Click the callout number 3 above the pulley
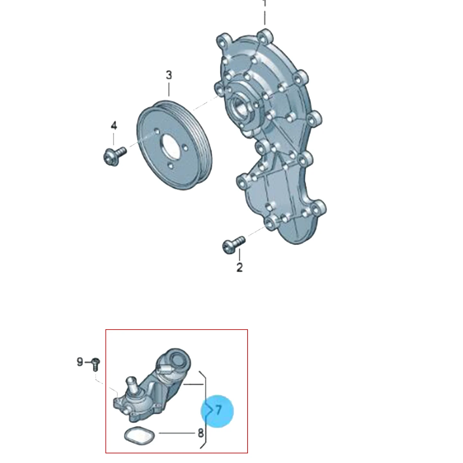pyautogui.click(x=169, y=75)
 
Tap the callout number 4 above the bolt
pyautogui.click(x=114, y=126)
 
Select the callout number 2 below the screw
pyautogui.click(x=240, y=268)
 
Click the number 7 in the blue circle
pyautogui.click(x=218, y=410)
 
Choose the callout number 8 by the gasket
pyautogui.click(x=201, y=433)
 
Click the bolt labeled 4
pyautogui.click(x=114, y=156)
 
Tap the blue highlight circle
pyautogui.click(x=217, y=411)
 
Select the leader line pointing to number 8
pyautogui.click(x=177, y=433)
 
